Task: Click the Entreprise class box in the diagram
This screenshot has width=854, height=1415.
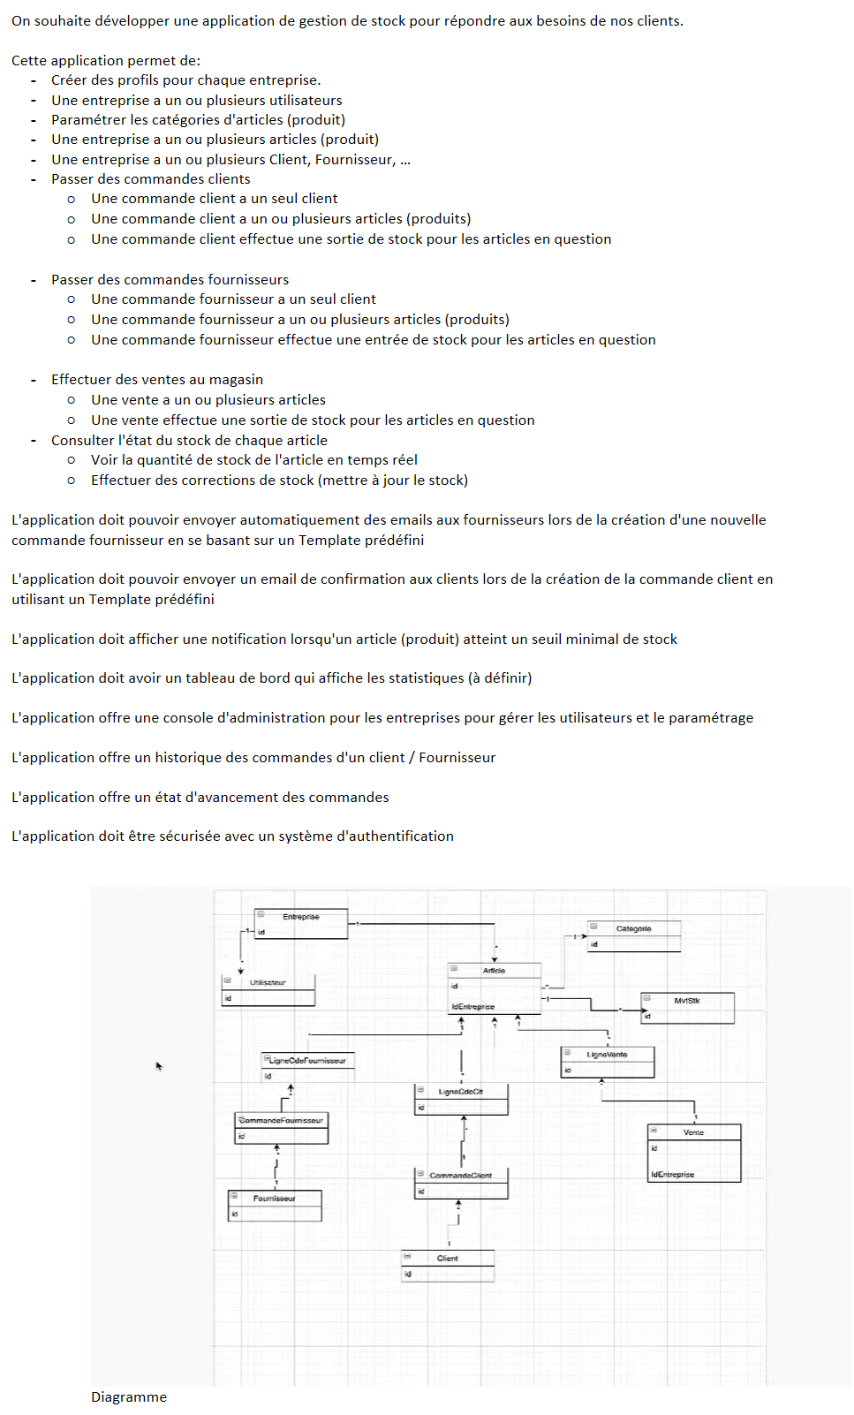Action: (301, 923)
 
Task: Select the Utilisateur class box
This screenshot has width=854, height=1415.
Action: (268, 990)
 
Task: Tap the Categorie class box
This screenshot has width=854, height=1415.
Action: (634, 936)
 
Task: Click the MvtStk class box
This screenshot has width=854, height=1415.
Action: (687, 1008)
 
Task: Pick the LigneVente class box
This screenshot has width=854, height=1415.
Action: (608, 1062)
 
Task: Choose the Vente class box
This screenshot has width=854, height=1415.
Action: (694, 1153)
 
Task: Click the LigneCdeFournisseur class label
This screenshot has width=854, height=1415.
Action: (307, 1060)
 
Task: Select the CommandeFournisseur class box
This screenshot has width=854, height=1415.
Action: (282, 1128)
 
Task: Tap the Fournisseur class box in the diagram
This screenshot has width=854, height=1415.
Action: (275, 1206)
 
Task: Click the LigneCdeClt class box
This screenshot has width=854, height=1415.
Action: (461, 1100)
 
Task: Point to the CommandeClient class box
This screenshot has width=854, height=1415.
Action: (461, 1184)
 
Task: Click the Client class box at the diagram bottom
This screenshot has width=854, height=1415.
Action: (448, 1266)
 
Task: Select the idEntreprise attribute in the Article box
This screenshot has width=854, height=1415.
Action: (473, 1007)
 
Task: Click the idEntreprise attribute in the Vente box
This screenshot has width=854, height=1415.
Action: (673, 1175)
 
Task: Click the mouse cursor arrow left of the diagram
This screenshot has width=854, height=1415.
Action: (159, 1066)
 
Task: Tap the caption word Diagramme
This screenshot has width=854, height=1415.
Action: (129, 1396)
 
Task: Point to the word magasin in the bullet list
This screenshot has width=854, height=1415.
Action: (236, 379)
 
